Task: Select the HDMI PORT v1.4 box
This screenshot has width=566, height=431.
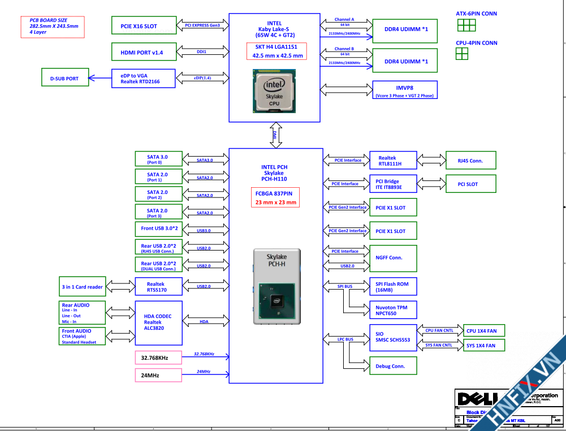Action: click(x=143, y=52)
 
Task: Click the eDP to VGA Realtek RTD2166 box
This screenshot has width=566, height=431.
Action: click(x=143, y=78)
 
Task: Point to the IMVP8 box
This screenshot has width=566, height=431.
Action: click(x=404, y=89)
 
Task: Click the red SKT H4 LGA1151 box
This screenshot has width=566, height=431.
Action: click(x=276, y=51)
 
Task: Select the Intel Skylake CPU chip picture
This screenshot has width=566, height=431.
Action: click(x=274, y=92)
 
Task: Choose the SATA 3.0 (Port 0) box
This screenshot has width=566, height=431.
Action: click(x=158, y=160)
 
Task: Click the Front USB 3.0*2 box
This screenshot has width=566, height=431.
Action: click(x=158, y=229)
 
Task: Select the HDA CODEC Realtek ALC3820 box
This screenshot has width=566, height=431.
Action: click(x=159, y=322)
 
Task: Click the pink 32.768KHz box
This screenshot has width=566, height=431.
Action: click(x=158, y=357)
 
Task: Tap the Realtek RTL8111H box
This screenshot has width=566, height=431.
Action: click(x=393, y=161)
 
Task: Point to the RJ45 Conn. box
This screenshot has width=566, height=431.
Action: click(x=471, y=161)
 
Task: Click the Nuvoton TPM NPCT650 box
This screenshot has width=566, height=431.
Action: click(x=393, y=309)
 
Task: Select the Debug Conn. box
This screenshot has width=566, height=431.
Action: click(x=393, y=366)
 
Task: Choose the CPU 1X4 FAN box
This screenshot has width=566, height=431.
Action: click(x=483, y=331)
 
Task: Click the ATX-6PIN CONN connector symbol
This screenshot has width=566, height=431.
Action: click(x=466, y=25)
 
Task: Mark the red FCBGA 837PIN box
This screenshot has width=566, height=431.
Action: click(x=276, y=197)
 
